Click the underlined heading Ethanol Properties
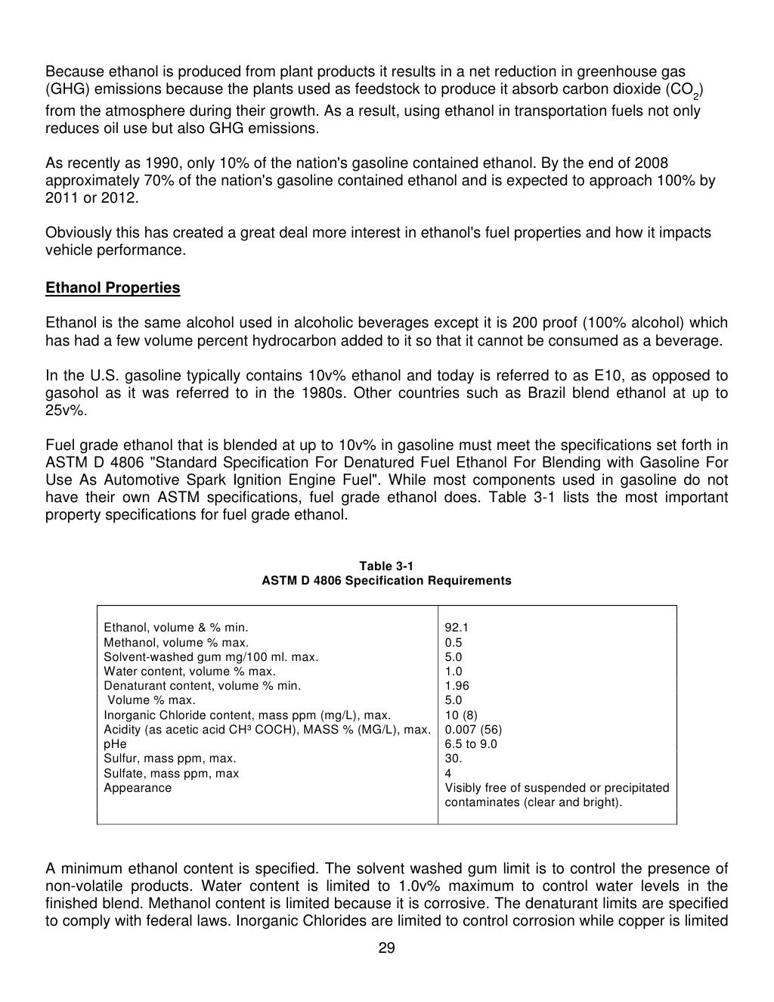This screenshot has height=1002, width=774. (x=113, y=288)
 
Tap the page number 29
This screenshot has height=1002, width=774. (x=386, y=949)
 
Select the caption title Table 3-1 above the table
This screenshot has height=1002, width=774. (x=386, y=566)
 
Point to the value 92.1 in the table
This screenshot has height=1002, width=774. (x=457, y=628)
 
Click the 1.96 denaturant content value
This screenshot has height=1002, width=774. (x=457, y=686)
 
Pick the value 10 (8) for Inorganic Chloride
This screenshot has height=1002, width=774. (x=461, y=715)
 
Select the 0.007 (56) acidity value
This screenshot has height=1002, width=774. (x=473, y=730)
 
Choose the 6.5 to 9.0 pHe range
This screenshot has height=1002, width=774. (x=471, y=744)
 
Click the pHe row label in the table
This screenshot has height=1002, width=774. (x=115, y=744)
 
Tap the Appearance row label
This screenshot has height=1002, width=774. (x=138, y=788)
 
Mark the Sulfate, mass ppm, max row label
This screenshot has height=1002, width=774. (x=171, y=774)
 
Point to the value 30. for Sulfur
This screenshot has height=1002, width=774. (x=454, y=758)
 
